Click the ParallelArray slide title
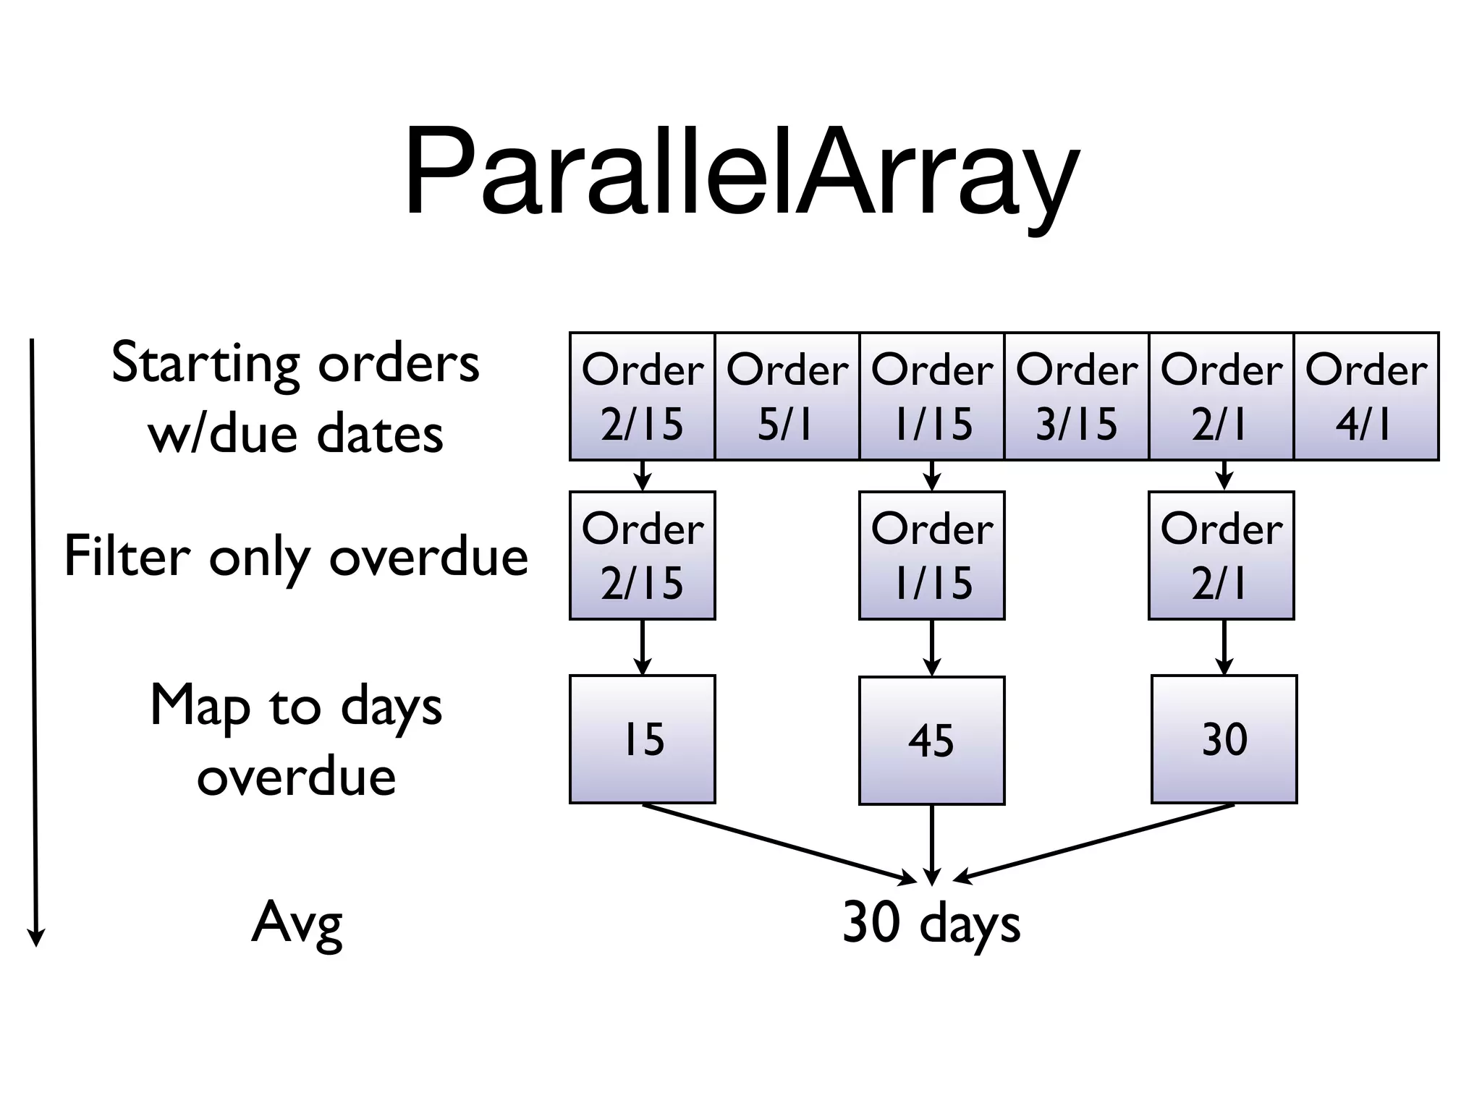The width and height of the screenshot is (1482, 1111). [x=741, y=174]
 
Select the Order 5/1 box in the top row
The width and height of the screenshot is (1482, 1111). [x=787, y=396]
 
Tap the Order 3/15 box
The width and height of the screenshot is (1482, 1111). [x=1076, y=396]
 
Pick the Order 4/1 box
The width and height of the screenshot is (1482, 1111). [x=1366, y=396]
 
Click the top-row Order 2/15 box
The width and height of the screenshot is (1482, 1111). [x=642, y=396]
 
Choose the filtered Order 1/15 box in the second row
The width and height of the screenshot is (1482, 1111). [x=931, y=555]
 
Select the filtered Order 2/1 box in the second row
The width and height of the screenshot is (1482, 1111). [x=1221, y=555]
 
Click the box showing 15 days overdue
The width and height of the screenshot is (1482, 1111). [x=642, y=739]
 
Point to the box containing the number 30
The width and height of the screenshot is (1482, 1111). [x=1224, y=739]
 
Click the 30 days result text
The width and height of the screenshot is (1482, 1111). [x=931, y=924]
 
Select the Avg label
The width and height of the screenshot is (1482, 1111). [x=297, y=924]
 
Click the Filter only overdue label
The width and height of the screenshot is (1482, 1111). [x=296, y=557]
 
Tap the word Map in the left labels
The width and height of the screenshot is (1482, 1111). [x=200, y=706]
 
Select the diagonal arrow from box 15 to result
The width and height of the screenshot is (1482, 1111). [x=778, y=842]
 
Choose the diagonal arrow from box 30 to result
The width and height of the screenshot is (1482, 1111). [x=1093, y=842]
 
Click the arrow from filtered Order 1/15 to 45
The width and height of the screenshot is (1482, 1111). [x=932, y=647]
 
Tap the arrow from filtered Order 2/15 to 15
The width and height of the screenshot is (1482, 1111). [x=643, y=647]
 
